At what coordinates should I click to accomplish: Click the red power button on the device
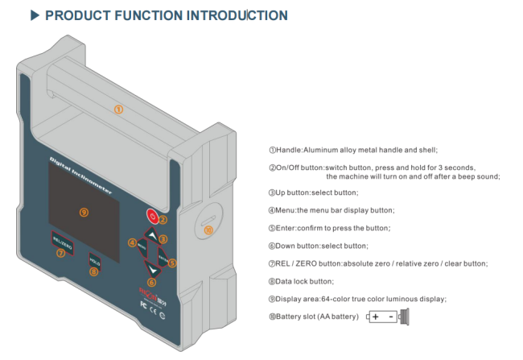(x=150, y=216)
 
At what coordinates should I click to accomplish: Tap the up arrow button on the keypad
(x=150, y=234)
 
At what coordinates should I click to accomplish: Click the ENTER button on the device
(x=163, y=258)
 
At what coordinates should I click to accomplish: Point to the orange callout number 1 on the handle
(x=118, y=109)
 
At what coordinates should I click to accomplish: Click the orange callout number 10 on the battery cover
(x=208, y=230)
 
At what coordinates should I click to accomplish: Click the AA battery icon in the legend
(x=389, y=317)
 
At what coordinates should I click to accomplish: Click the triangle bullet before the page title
(x=35, y=15)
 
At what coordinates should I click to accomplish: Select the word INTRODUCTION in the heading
(x=233, y=15)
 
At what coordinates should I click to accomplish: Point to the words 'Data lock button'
(x=305, y=281)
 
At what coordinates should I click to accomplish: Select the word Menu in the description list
(x=286, y=210)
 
